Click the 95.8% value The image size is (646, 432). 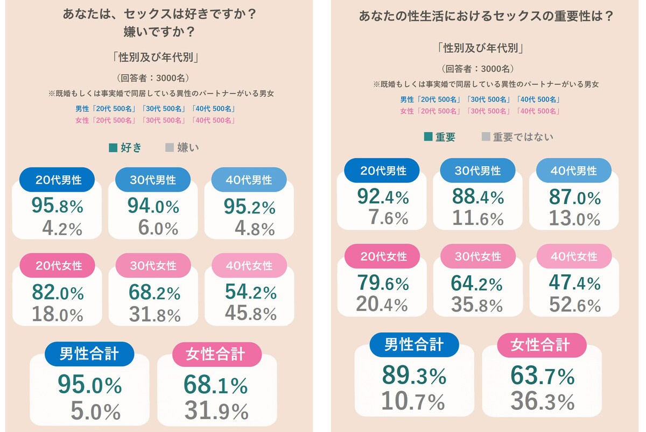[58, 206]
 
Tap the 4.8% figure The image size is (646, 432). [255, 229]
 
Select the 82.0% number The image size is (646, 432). [58, 292]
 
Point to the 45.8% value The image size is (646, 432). [251, 313]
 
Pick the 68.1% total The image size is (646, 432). [216, 385]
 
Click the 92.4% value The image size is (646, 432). [383, 196]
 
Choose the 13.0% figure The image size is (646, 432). [574, 218]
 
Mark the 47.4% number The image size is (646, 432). [575, 282]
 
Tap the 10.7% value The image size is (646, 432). [413, 401]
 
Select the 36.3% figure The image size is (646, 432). [543, 401]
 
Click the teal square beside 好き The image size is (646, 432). [113, 147]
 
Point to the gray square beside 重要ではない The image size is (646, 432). [486, 137]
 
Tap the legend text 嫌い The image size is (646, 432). [188, 147]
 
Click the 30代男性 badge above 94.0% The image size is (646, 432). [153, 180]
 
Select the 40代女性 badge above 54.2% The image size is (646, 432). [249, 265]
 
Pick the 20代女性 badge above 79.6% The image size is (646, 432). [382, 256]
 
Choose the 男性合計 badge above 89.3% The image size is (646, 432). [414, 345]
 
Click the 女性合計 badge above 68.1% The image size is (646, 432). [217, 354]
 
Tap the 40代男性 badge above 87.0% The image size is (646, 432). [574, 171]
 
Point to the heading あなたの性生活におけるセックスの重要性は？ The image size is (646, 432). [486, 16]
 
